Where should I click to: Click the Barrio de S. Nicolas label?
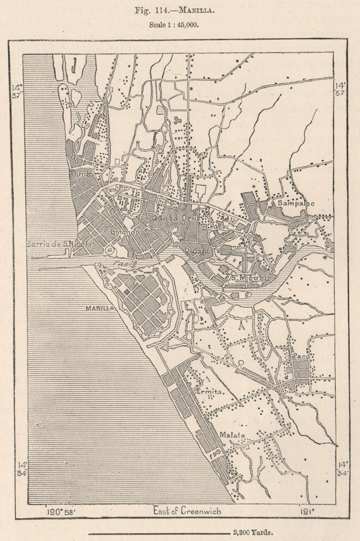click(x=61, y=245)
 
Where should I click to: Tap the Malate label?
click(x=233, y=436)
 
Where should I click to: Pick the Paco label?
click(x=300, y=357)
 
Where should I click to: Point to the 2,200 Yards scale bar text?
click(x=252, y=532)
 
